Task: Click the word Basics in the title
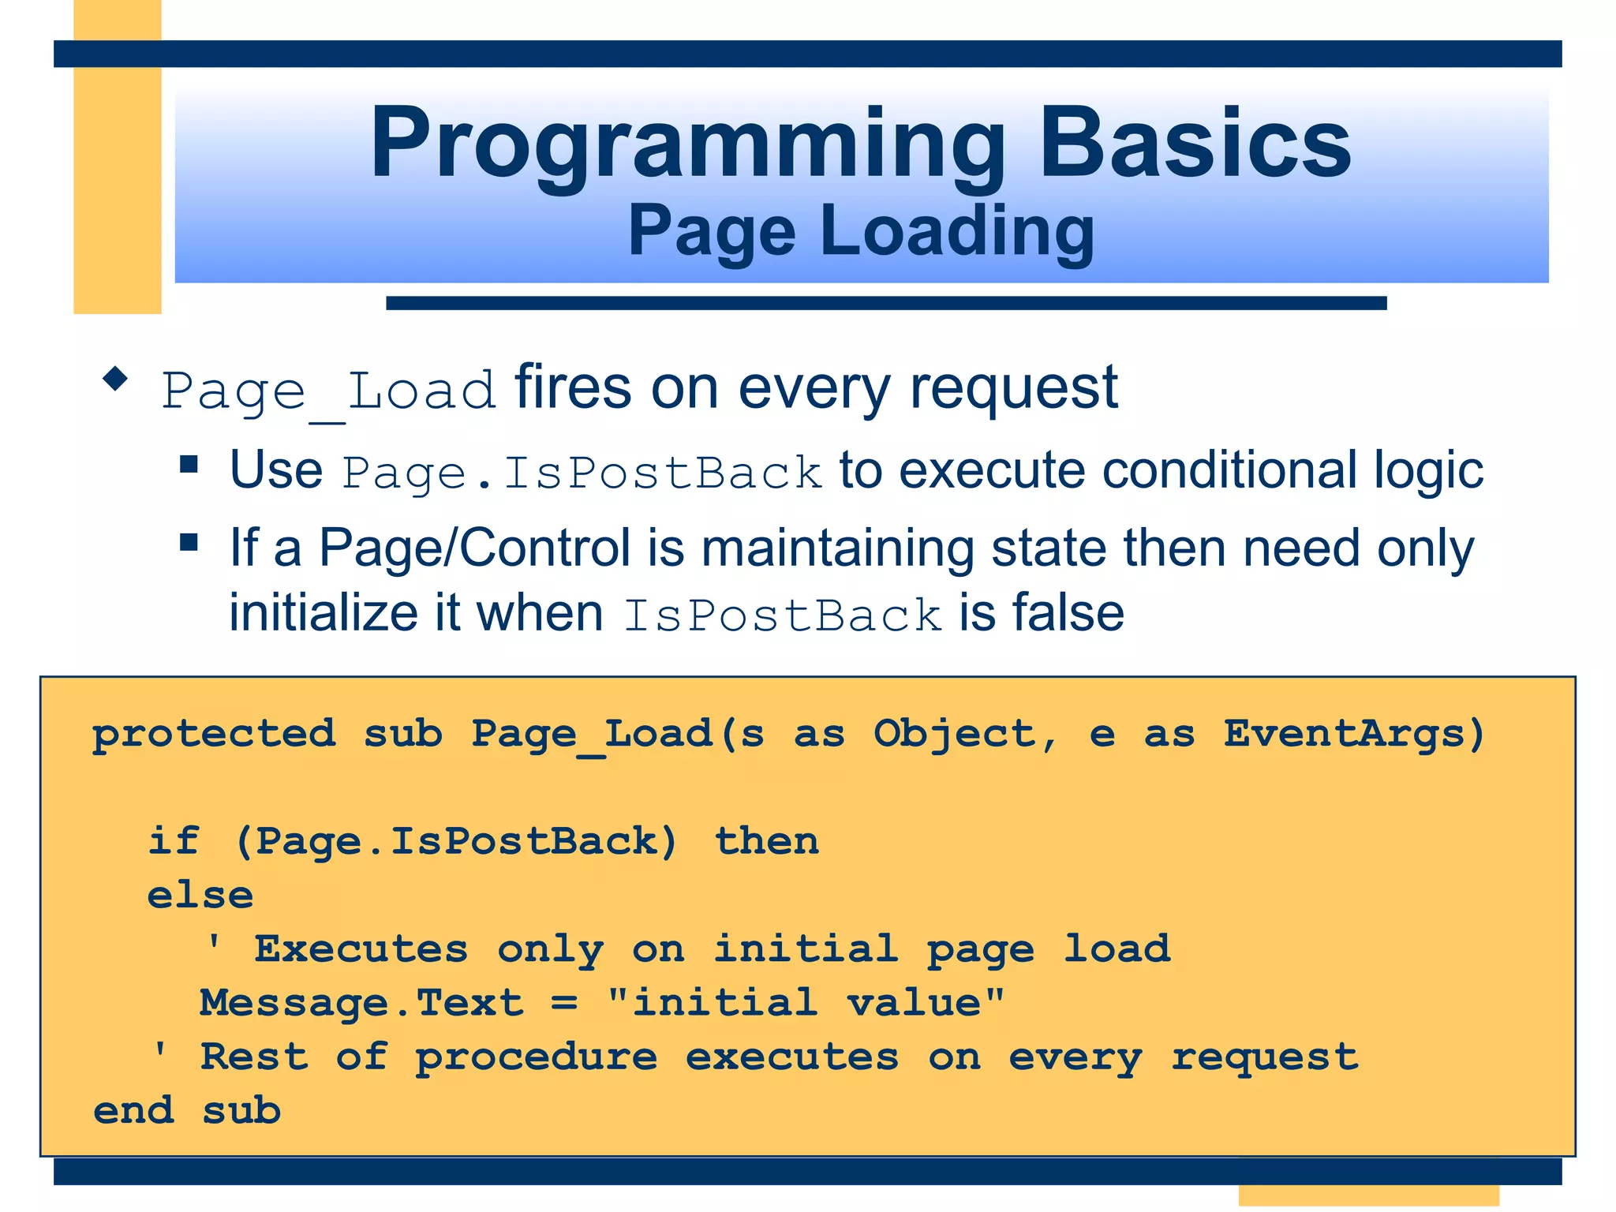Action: (1195, 144)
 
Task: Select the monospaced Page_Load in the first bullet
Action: (328, 391)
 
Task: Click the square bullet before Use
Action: (189, 463)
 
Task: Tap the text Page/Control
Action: (474, 548)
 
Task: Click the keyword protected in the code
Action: (214, 734)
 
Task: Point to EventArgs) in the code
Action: (1354, 733)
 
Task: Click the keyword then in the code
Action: (766, 841)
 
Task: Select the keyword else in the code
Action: (200, 896)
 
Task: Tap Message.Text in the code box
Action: (361, 1003)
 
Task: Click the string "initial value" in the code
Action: (806, 1002)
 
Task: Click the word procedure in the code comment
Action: (537, 1057)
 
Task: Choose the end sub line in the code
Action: (187, 1111)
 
